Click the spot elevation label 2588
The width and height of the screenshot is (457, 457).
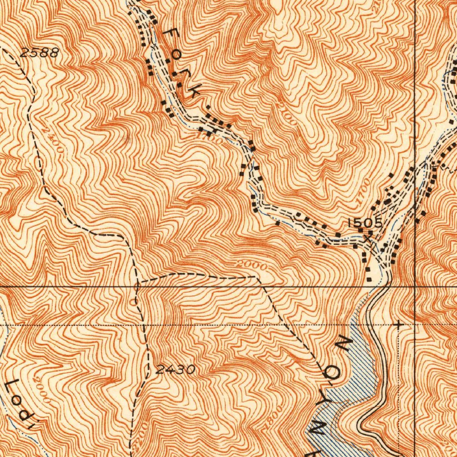(x=39, y=53)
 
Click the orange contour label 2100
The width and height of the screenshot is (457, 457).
(x=284, y=113)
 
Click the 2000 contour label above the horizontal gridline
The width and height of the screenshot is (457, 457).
(x=252, y=266)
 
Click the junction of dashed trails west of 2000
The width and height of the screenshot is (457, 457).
(x=138, y=282)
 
